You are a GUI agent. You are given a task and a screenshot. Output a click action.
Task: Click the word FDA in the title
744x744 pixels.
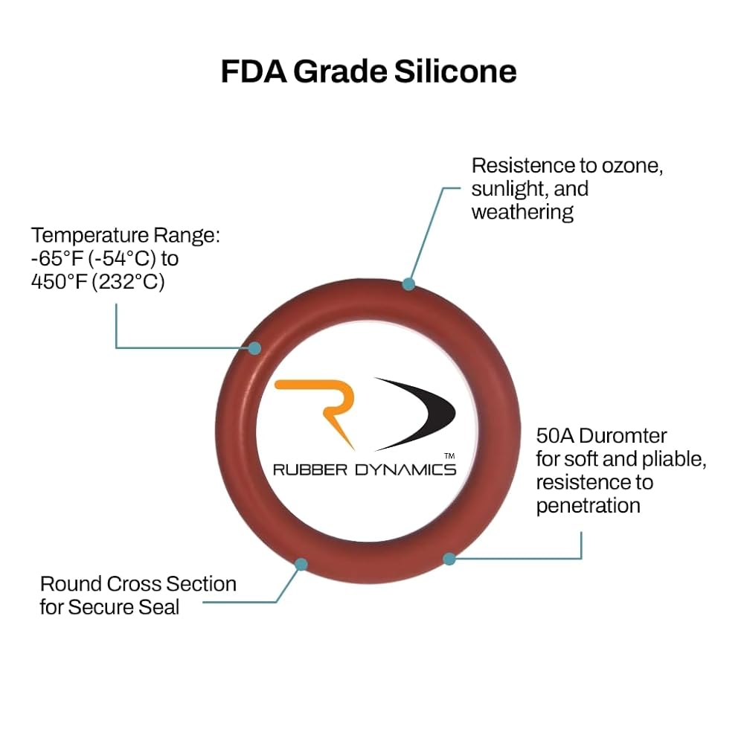pos(254,71)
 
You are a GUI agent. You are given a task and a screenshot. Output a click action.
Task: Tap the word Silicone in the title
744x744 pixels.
pos(455,71)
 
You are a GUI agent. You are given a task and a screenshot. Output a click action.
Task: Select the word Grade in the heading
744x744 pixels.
pos(340,71)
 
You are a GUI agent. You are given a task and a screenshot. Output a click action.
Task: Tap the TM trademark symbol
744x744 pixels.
pos(449,456)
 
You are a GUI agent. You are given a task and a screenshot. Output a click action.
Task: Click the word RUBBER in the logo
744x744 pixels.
pos(310,469)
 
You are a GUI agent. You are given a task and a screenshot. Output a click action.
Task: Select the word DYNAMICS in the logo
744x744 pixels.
pos(405,469)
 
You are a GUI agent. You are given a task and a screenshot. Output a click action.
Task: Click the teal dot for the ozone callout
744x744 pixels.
pos(408,284)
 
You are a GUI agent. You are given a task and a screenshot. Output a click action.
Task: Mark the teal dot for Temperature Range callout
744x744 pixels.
pos(254,348)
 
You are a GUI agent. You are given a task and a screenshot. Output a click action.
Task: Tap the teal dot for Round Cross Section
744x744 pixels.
pos(301,564)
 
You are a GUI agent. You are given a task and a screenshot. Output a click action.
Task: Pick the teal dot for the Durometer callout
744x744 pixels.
pos(449,559)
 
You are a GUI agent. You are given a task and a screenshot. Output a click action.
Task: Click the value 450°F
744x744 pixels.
pos(59,281)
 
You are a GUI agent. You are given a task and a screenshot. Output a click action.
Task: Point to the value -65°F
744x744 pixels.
pos(57,259)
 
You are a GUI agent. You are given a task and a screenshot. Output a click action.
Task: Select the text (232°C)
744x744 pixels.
pos(128,282)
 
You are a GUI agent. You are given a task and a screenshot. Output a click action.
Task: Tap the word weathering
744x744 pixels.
pos(522,212)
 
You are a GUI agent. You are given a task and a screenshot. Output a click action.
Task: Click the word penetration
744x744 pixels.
pos(589,506)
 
